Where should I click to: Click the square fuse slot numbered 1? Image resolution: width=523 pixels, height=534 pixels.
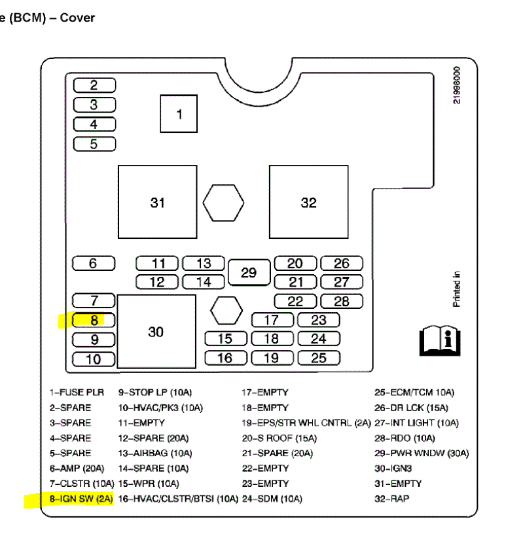pyautogui.click(x=179, y=114)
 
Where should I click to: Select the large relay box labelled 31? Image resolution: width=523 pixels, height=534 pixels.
pyautogui.click(x=157, y=202)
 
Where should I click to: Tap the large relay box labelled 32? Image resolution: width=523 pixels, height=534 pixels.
pyautogui.click(x=308, y=202)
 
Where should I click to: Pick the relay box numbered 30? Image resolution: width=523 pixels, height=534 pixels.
pyautogui.click(x=156, y=331)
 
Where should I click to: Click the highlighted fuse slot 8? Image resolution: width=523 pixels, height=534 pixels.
pyautogui.click(x=94, y=321)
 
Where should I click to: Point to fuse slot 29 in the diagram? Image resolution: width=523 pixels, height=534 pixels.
pyautogui.click(x=249, y=272)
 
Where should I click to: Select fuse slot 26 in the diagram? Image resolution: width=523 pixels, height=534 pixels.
pyautogui.click(x=342, y=263)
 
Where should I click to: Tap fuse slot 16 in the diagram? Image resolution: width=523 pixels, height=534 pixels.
pyautogui.click(x=225, y=358)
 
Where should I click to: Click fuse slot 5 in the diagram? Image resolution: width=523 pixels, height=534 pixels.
pyautogui.click(x=94, y=144)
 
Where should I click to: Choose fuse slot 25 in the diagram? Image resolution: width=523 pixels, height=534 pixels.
pyautogui.click(x=319, y=358)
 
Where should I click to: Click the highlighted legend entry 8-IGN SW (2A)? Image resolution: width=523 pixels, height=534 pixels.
pyautogui.click(x=81, y=499)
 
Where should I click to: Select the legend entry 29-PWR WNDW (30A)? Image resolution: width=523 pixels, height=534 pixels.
pyautogui.click(x=422, y=453)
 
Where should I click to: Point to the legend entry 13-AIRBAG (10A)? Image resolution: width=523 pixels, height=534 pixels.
pyautogui.click(x=155, y=453)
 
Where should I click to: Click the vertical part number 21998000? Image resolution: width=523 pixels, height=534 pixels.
pyautogui.click(x=457, y=85)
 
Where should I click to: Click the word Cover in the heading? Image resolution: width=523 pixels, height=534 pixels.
pyautogui.click(x=77, y=18)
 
